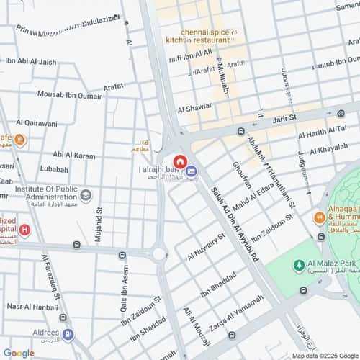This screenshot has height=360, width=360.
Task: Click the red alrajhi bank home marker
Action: [179, 161]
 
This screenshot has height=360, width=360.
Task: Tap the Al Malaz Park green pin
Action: [298, 266]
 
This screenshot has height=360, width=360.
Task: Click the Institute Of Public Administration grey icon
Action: [86, 195]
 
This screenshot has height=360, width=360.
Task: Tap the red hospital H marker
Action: [25, 230]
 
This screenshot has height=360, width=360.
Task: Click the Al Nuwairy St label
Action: [207, 246]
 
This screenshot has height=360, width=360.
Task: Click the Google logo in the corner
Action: [19, 353]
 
